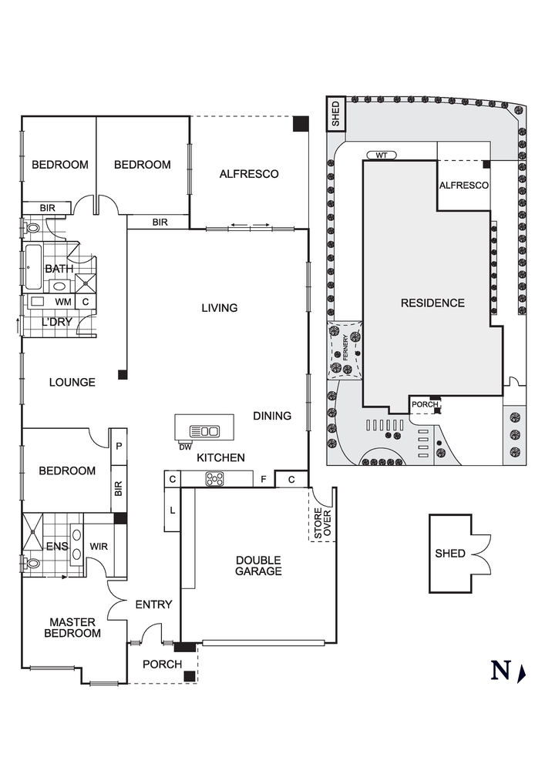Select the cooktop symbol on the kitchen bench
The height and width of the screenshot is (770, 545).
[214, 479]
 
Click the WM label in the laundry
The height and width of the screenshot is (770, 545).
[62, 301]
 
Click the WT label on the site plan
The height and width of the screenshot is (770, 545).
[381, 156]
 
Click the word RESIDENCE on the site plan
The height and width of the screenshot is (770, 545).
[432, 303]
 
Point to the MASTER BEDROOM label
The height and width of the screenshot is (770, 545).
[72, 628]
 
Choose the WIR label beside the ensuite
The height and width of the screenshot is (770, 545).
[98, 547]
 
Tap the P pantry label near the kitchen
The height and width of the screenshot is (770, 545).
[119, 447]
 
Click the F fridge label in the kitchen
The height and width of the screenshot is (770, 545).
[263, 480]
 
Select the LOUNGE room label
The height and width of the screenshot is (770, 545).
[72, 382]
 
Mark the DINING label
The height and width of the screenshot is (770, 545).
[272, 416]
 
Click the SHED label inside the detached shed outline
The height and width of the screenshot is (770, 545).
[450, 554]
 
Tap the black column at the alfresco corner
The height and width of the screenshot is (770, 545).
[300, 124]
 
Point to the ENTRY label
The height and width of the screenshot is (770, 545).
[153, 604]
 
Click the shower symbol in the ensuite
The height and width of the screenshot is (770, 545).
[32, 532]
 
